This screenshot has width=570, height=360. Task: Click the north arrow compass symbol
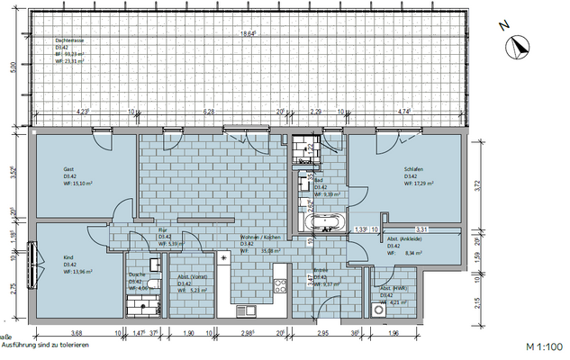pos(519,49)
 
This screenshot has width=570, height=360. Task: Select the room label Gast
pos(68,169)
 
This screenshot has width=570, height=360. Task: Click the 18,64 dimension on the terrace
pos(248,34)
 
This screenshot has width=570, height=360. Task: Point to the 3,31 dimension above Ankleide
pos(420,229)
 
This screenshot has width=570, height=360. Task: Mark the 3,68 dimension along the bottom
pos(77,333)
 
